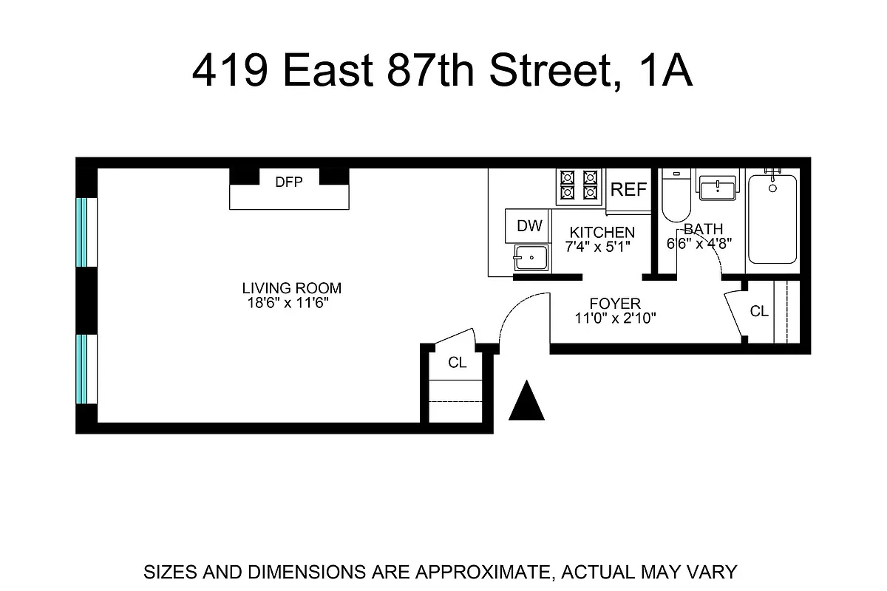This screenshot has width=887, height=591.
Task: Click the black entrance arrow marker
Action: tap(527, 402)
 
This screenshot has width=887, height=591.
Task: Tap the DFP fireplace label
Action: tap(289, 182)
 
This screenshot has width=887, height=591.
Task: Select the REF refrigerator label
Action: tap(629, 190)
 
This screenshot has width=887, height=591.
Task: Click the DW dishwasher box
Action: tap(529, 226)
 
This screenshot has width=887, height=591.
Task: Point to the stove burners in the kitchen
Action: tap(578, 186)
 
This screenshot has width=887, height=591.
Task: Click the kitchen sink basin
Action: tap(529, 259)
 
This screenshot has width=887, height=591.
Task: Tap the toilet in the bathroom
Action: tap(674, 195)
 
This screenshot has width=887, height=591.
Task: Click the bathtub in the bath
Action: tap(772, 219)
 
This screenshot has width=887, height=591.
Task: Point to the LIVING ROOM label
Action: tap(292, 288)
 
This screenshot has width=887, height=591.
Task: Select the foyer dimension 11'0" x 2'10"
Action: tap(615, 318)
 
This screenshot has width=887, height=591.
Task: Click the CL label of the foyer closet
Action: tap(759, 312)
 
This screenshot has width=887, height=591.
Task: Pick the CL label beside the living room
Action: tap(458, 363)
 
